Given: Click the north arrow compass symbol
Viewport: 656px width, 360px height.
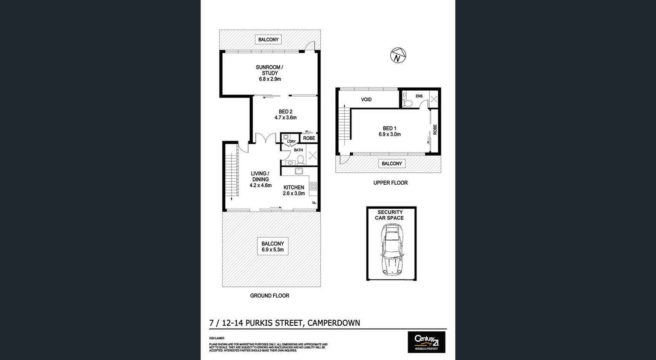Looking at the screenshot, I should [x=398, y=56].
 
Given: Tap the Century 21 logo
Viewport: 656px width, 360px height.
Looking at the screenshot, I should [x=426, y=342].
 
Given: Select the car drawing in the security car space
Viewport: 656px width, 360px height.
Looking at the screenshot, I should [x=392, y=250].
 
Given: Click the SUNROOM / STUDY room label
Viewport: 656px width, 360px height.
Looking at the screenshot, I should [x=269, y=70].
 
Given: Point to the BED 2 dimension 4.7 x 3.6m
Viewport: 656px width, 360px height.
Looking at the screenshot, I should [x=285, y=118].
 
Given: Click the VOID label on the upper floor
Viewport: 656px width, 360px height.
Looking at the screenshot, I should [x=366, y=100].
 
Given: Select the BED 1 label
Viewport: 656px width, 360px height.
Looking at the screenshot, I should [x=389, y=128].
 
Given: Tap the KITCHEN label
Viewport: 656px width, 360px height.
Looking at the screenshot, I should [x=294, y=187].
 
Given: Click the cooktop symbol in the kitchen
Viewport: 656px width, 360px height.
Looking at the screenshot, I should [x=313, y=186].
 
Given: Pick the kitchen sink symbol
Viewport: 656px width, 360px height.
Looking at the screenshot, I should [x=298, y=171].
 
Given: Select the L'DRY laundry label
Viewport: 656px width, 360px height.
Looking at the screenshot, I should [x=291, y=142].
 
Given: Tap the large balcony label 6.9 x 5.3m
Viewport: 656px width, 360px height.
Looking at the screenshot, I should [x=272, y=247].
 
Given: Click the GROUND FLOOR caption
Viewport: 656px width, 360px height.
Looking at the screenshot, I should [x=269, y=295].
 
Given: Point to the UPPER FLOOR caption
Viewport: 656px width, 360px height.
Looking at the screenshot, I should [x=390, y=183].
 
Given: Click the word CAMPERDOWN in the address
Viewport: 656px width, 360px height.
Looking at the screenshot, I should [x=334, y=323].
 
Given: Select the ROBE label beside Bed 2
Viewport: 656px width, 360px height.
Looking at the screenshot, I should [x=309, y=138].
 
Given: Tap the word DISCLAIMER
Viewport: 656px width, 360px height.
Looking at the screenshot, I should [x=216, y=338].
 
